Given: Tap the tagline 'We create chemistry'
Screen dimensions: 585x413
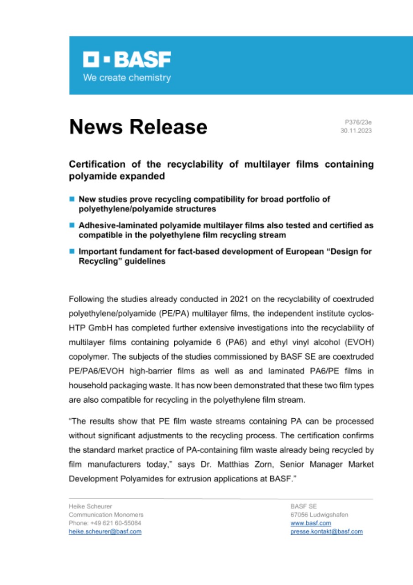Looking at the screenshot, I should click(126, 78).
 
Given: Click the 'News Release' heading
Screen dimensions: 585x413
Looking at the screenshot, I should click(138, 127).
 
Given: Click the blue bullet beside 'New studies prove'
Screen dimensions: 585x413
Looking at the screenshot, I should click(72, 199).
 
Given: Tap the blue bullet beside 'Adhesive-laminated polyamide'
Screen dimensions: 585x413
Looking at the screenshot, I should click(72, 225).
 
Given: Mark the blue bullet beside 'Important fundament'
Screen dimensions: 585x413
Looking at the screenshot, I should click(72, 251).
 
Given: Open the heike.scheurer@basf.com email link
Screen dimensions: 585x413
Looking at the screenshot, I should click(105, 532).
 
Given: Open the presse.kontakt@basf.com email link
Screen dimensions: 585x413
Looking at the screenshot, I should click(326, 532).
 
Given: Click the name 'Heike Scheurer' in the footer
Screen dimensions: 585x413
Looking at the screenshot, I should click(90, 506).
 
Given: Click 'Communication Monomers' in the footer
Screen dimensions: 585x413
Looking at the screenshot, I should click(106, 515).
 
